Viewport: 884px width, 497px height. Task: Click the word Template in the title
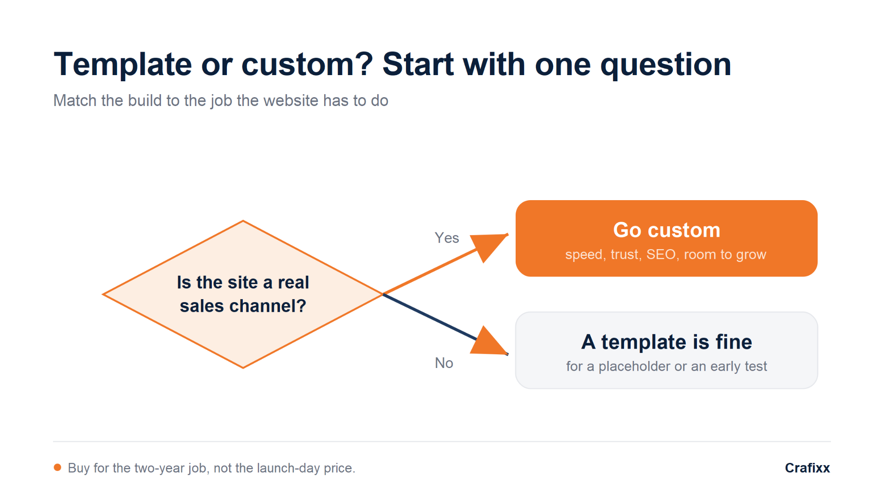(123, 64)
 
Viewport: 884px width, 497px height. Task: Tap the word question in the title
(666, 64)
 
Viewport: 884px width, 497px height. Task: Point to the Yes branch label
(447, 238)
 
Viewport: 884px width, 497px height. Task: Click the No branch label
(444, 363)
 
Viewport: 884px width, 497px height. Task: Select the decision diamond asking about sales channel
(243, 294)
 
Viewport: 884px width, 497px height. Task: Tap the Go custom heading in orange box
(666, 230)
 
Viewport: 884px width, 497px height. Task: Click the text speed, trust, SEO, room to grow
(666, 254)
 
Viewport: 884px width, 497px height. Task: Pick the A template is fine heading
(666, 341)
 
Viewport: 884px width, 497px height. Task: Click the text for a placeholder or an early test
(666, 366)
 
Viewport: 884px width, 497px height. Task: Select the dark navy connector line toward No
(430, 317)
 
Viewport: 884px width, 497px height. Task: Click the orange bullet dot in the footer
(57, 467)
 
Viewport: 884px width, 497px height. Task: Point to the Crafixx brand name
(807, 468)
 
